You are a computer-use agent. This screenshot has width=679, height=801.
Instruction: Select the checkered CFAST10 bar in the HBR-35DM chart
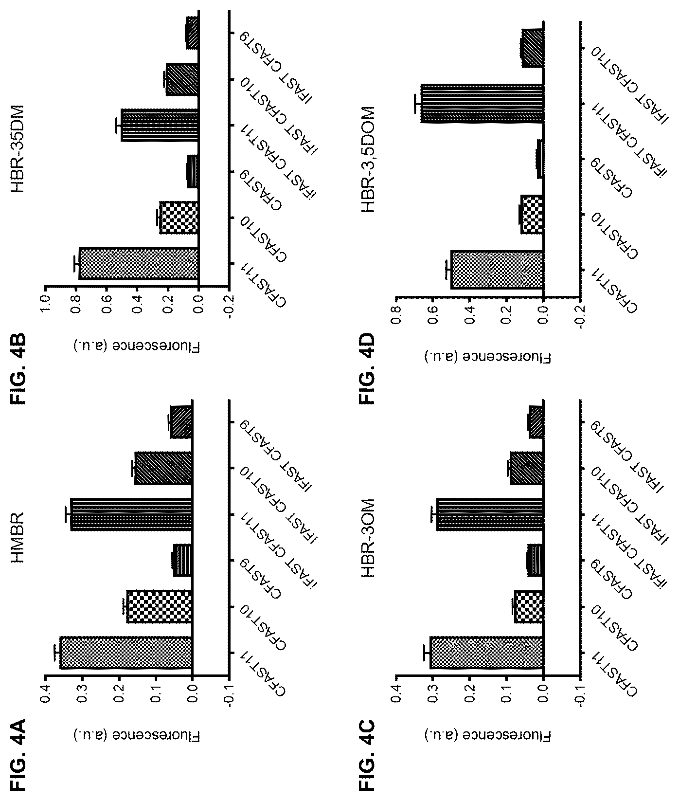click(179, 217)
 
